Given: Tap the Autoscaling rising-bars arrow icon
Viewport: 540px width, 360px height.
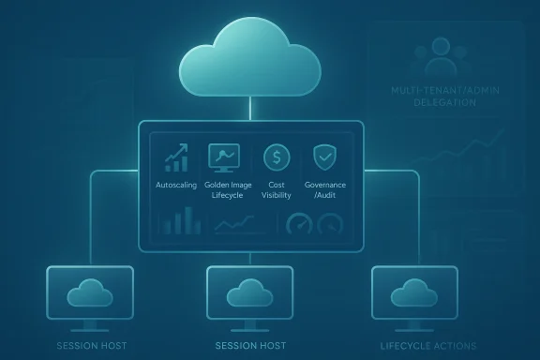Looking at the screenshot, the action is [176, 157].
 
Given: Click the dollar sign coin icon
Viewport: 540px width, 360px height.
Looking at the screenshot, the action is [277, 156].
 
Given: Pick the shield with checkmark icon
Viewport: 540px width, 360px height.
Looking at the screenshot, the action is [324, 156].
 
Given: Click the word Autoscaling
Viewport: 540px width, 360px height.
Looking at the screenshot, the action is [176, 186].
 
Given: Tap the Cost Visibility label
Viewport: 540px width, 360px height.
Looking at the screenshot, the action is [277, 190].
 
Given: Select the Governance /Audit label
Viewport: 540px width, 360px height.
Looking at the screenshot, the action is [325, 190].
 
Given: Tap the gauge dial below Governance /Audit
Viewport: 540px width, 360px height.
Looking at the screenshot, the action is [331, 225].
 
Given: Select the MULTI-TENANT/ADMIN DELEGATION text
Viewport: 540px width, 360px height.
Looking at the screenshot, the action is [439, 95].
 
